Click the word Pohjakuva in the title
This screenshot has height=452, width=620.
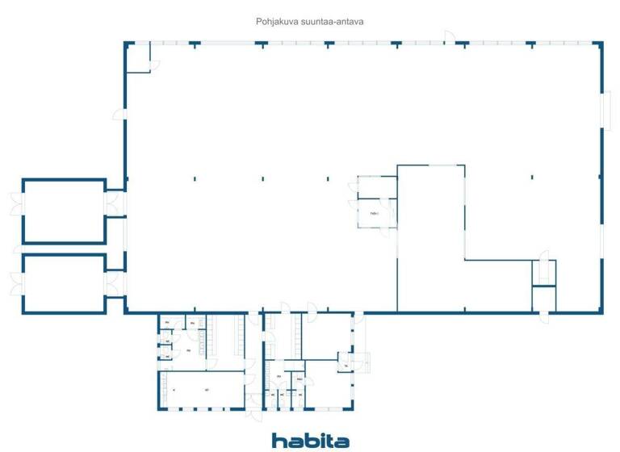(x=274, y=23)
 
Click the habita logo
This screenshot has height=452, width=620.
(x=310, y=440)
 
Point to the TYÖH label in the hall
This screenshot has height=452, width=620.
(x=374, y=214)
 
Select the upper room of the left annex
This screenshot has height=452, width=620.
(x=64, y=211)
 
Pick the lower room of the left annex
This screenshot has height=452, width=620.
(x=64, y=283)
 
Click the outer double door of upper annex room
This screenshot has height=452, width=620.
(x=15, y=204)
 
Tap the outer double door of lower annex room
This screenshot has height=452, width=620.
(x=15, y=283)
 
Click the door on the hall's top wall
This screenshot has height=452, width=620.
(x=449, y=36)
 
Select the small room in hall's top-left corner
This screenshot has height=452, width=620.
(x=138, y=57)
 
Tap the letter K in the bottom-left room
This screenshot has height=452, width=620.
(x=174, y=391)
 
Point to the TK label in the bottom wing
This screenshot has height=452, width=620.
(x=346, y=366)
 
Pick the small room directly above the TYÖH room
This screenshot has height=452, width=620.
(x=373, y=187)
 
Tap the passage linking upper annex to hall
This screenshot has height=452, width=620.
(x=115, y=203)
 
